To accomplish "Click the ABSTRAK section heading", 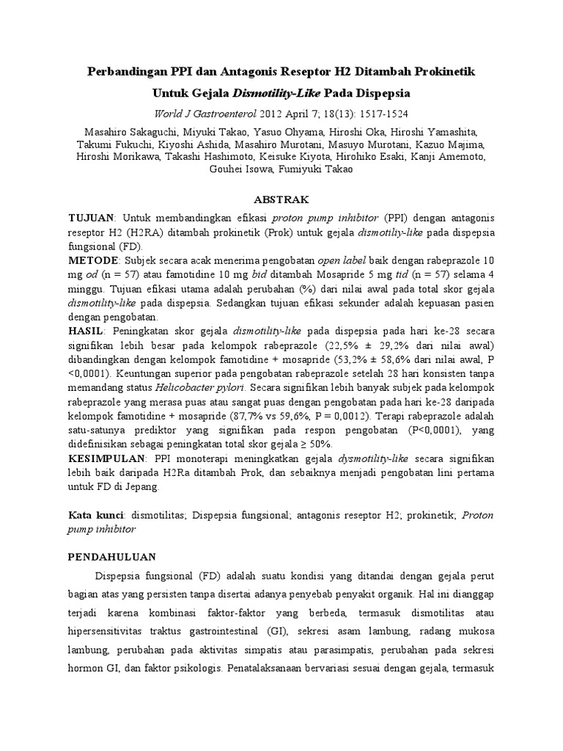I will [x=281, y=199].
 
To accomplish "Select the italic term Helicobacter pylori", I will [x=210, y=387].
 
